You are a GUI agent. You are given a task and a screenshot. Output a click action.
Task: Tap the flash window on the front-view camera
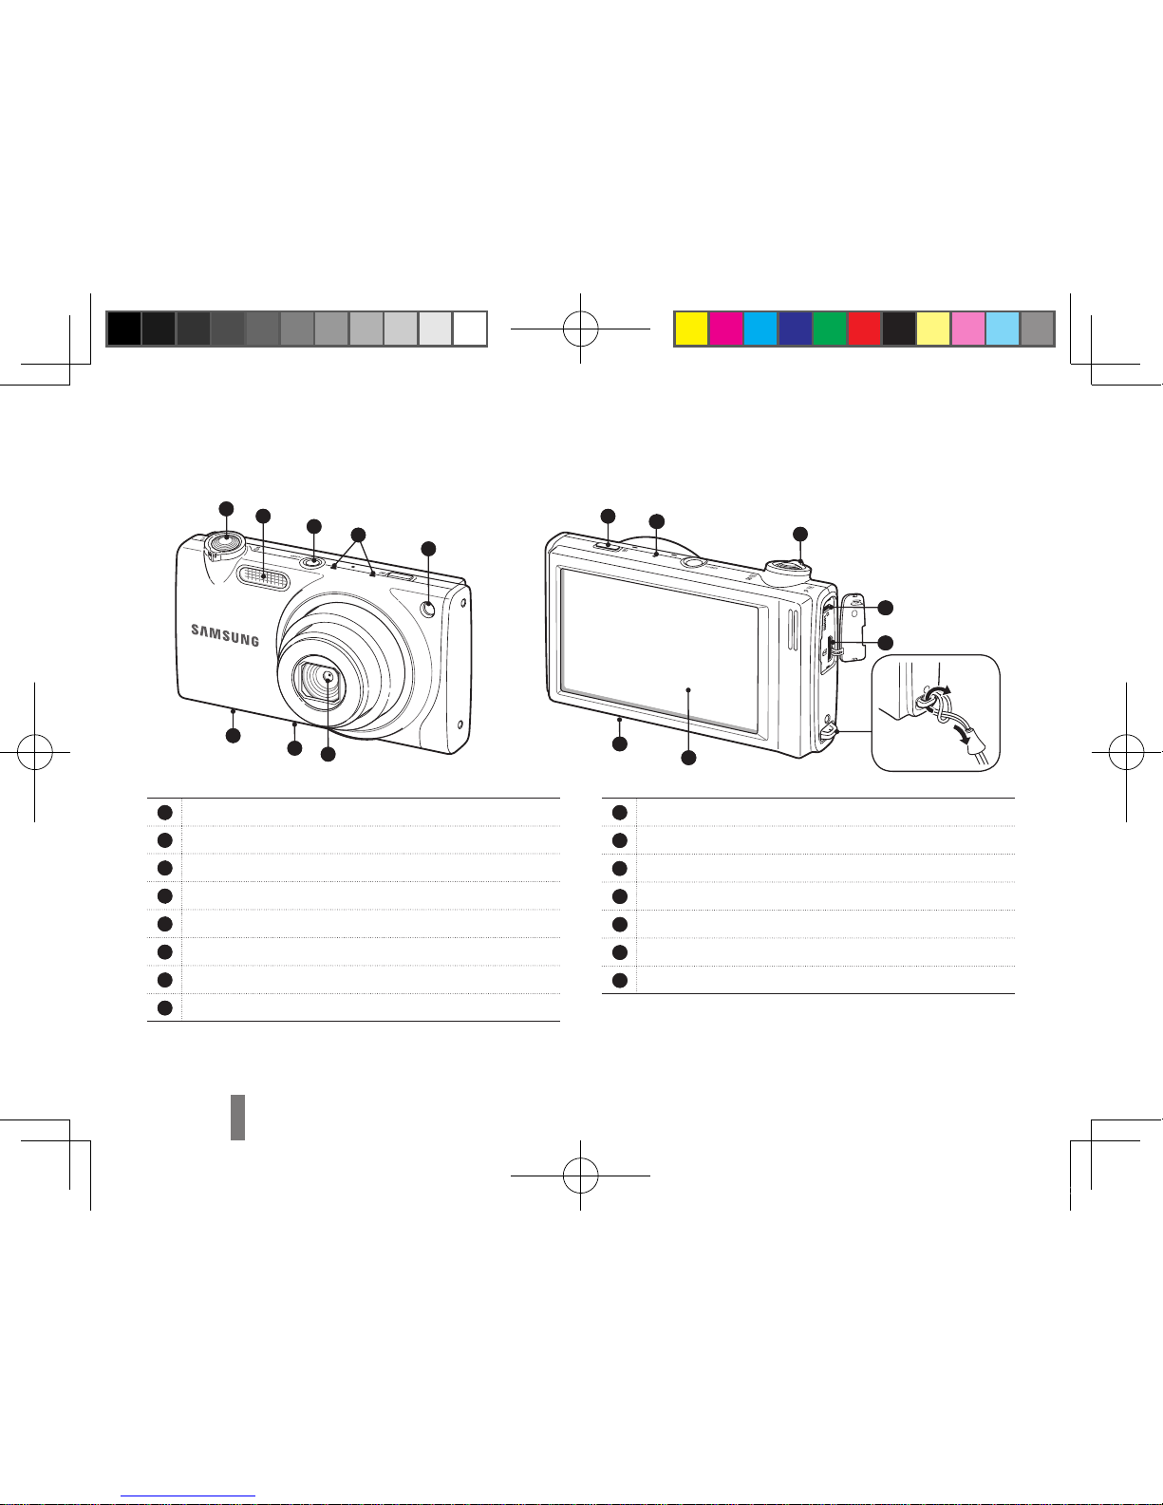pyautogui.click(x=263, y=576)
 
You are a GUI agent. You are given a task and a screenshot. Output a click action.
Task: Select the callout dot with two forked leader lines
pyautogui.click(x=358, y=535)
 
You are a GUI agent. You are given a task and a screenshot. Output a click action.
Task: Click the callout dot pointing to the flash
pyautogui.click(x=263, y=516)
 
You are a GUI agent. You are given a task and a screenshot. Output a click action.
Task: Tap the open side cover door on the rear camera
pyautogui.click(x=853, y=627)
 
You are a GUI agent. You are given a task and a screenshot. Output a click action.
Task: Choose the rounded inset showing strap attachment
pyautogui.click(x=935, y=713)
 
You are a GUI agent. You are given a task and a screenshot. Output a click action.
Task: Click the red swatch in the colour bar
pyautogui.click(x=864, y=329)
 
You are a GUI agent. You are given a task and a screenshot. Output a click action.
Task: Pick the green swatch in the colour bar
pyautogui.click(x=830, y=329)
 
